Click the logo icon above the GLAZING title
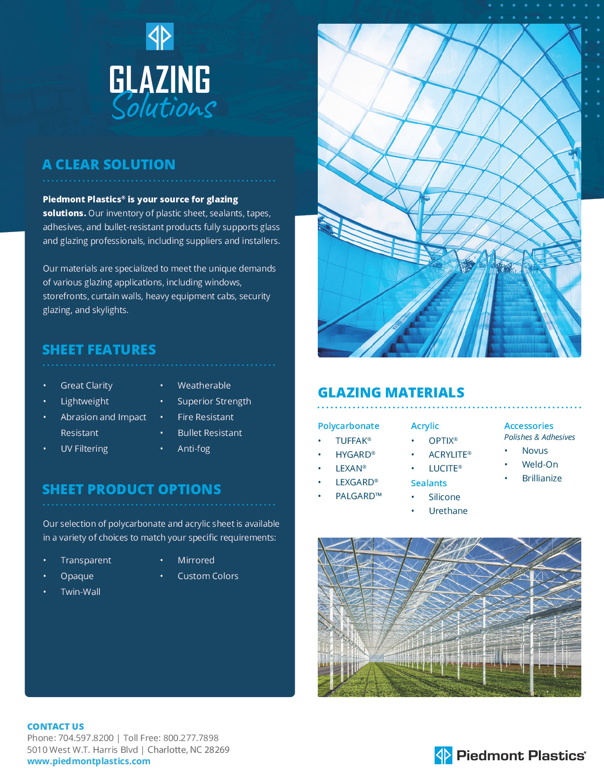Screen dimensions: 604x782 click(160, 37)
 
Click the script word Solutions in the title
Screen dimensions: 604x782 click(164, 106)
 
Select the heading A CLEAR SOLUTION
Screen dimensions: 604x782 click(109, 164)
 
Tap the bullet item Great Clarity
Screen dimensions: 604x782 click(86, 386)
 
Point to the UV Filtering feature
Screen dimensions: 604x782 click(84, 449)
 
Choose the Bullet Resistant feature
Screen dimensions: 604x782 click(210, 433)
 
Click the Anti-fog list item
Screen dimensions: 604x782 click(193, 449)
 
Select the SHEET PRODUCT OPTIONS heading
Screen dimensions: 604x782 click(131, 489)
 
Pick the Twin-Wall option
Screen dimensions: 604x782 click(80, 592)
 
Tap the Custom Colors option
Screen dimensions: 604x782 click(208, 576)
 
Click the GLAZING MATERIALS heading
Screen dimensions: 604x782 click(391, 392)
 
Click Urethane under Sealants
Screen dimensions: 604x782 click(448, 511)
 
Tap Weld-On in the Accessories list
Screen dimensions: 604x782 click(540, 465)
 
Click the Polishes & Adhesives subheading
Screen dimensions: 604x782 click(539, 437)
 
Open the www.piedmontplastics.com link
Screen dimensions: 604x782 click(89, 761)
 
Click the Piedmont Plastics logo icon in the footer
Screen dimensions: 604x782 click(443, 755)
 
